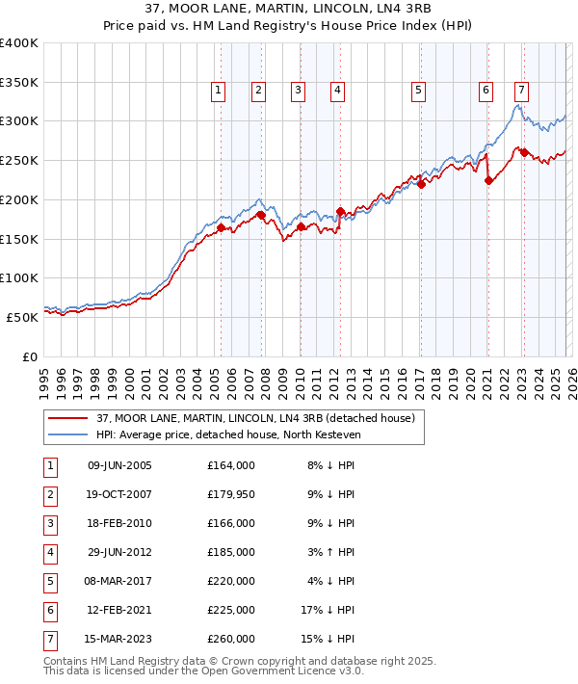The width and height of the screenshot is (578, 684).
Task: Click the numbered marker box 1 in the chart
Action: coord(219,91)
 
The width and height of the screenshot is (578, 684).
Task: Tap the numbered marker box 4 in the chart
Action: coord(338,91)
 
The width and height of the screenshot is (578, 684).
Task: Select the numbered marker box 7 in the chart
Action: coord(521,91)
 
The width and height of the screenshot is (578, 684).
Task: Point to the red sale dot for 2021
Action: coord(488,179)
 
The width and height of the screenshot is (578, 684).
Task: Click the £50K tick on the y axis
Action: coord(23,317)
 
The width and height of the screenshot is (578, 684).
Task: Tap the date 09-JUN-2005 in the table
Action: coord(119,465)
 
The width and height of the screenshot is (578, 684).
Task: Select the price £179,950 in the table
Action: coord(230,494)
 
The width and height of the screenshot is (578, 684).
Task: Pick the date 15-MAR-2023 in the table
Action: coord(119,639)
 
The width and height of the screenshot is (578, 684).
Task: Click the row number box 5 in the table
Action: coord(49,581)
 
